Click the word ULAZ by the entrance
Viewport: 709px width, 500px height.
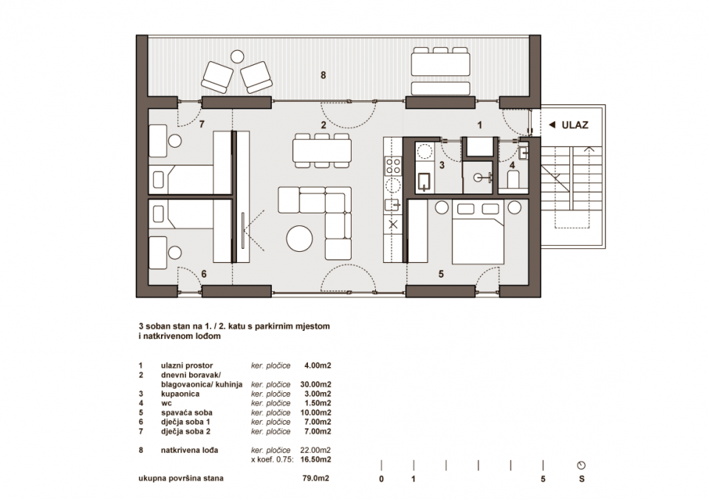[x=575, y=125]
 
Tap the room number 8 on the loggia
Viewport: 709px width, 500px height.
[x=323, y=75]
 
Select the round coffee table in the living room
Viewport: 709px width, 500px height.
[x=301, y=239]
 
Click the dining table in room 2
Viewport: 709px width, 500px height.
[x=321, y=150]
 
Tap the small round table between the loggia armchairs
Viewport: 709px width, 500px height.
[x=238, y=56]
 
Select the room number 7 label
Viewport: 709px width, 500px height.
[x=200, y=125]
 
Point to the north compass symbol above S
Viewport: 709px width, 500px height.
[x=582, y=465]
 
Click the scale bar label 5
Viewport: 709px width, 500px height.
[x=544, y=479]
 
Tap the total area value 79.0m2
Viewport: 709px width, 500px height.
[x=315, y=479]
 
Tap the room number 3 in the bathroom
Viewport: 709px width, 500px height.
[x=442, y=165]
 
